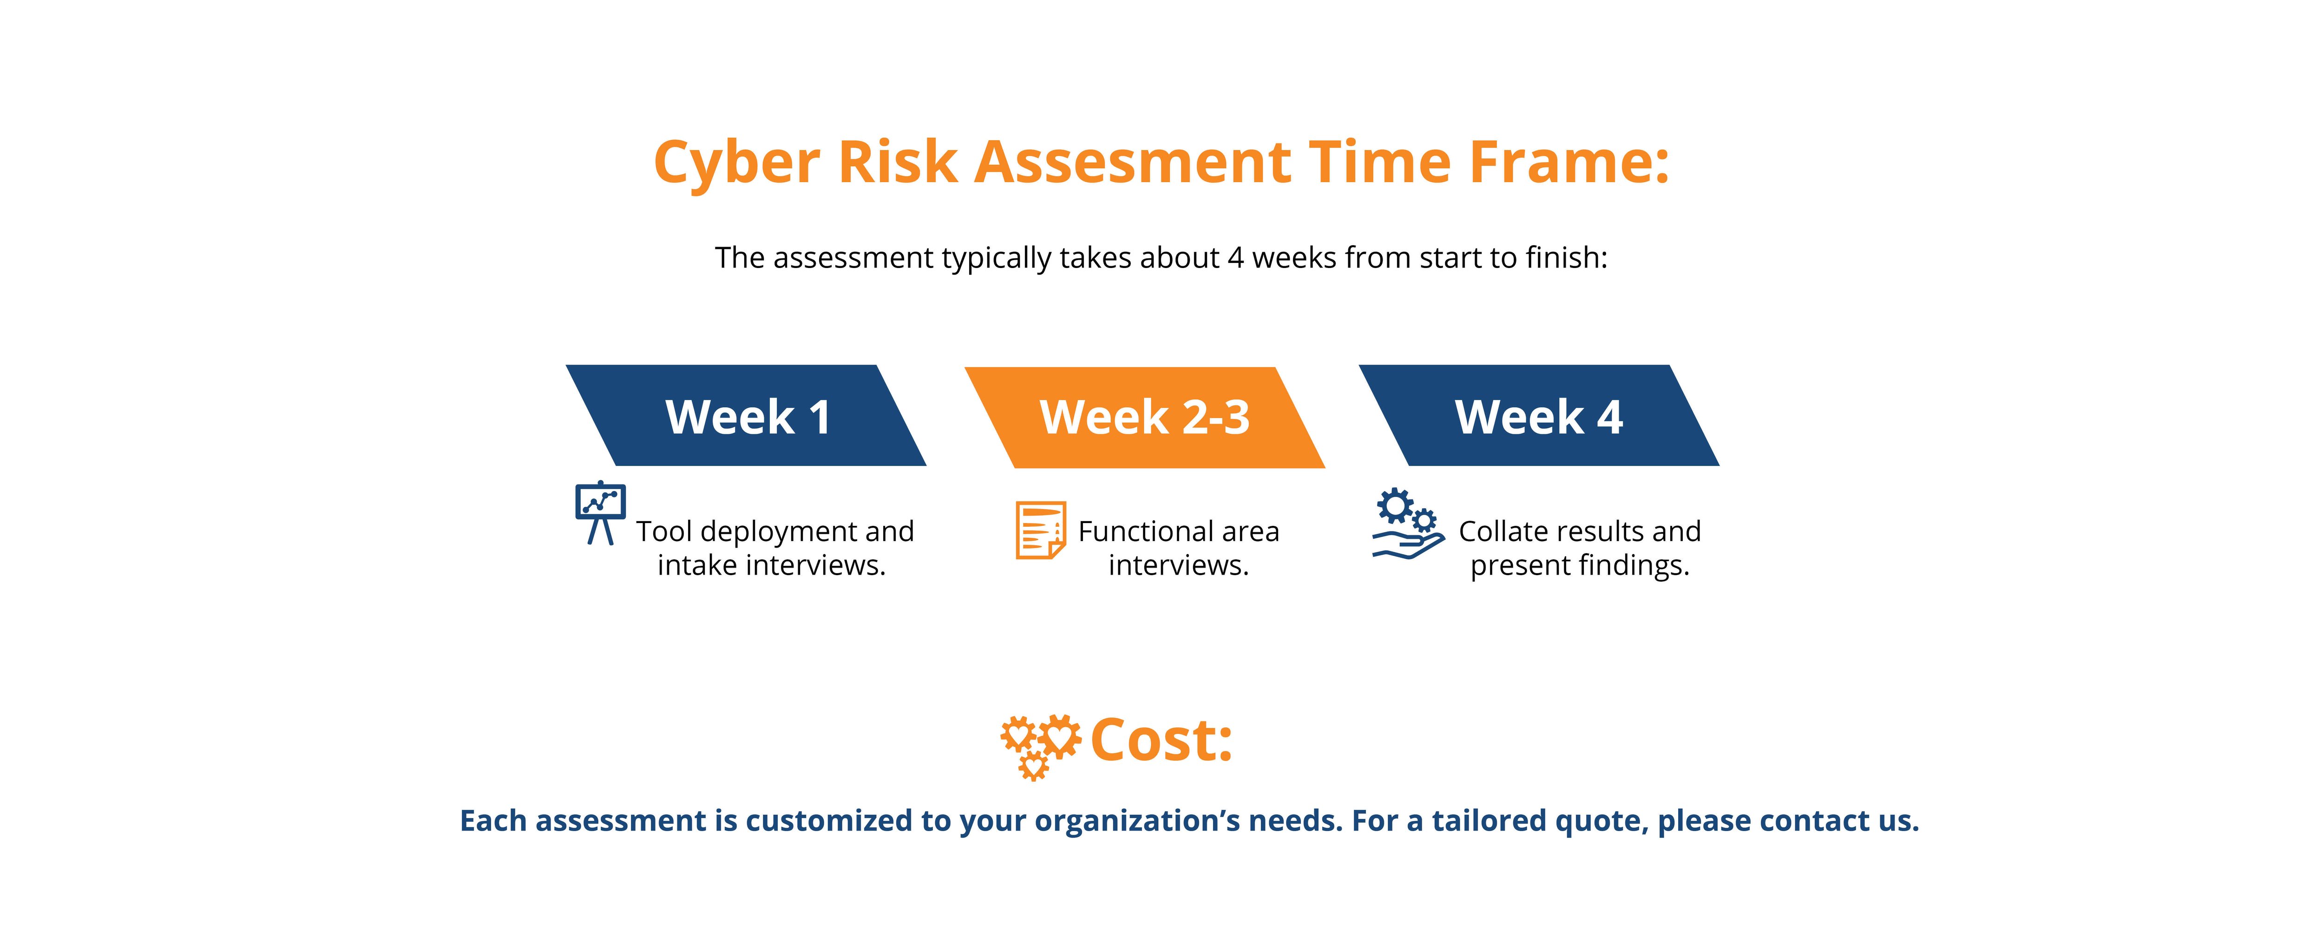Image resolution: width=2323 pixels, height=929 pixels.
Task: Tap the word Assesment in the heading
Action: (x=1133, y=163)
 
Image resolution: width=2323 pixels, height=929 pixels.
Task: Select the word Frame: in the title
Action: (x=1569, y=163)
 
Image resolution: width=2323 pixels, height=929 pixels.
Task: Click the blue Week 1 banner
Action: (x=747, y=416)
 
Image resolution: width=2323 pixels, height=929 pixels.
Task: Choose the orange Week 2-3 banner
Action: (x=1144, y=418)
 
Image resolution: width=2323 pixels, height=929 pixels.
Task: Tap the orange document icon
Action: (x=1041, y=530)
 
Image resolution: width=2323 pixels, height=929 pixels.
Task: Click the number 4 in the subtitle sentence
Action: (x=1235, y=258)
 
